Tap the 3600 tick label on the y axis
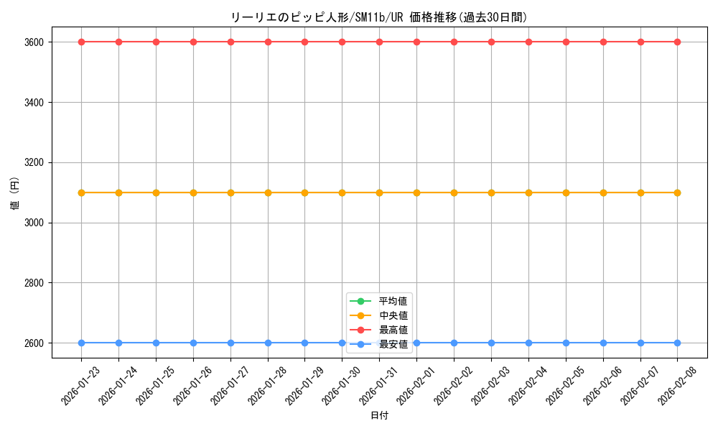click(x=33, y=42)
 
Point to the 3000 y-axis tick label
click(x=33, y=223)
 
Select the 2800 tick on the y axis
click(x=33, y=283)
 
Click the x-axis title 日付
click(x=379, y=416)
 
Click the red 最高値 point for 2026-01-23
click(x=81, y=42)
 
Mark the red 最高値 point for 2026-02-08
click(x=677, y=42)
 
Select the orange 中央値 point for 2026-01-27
click(x=230, y=193)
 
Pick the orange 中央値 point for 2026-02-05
click(x=566, y=193)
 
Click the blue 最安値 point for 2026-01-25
click(x=156, y=343)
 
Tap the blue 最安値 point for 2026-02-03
click(x=491, y=343)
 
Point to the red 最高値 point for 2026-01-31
click(x=379, y=42)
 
